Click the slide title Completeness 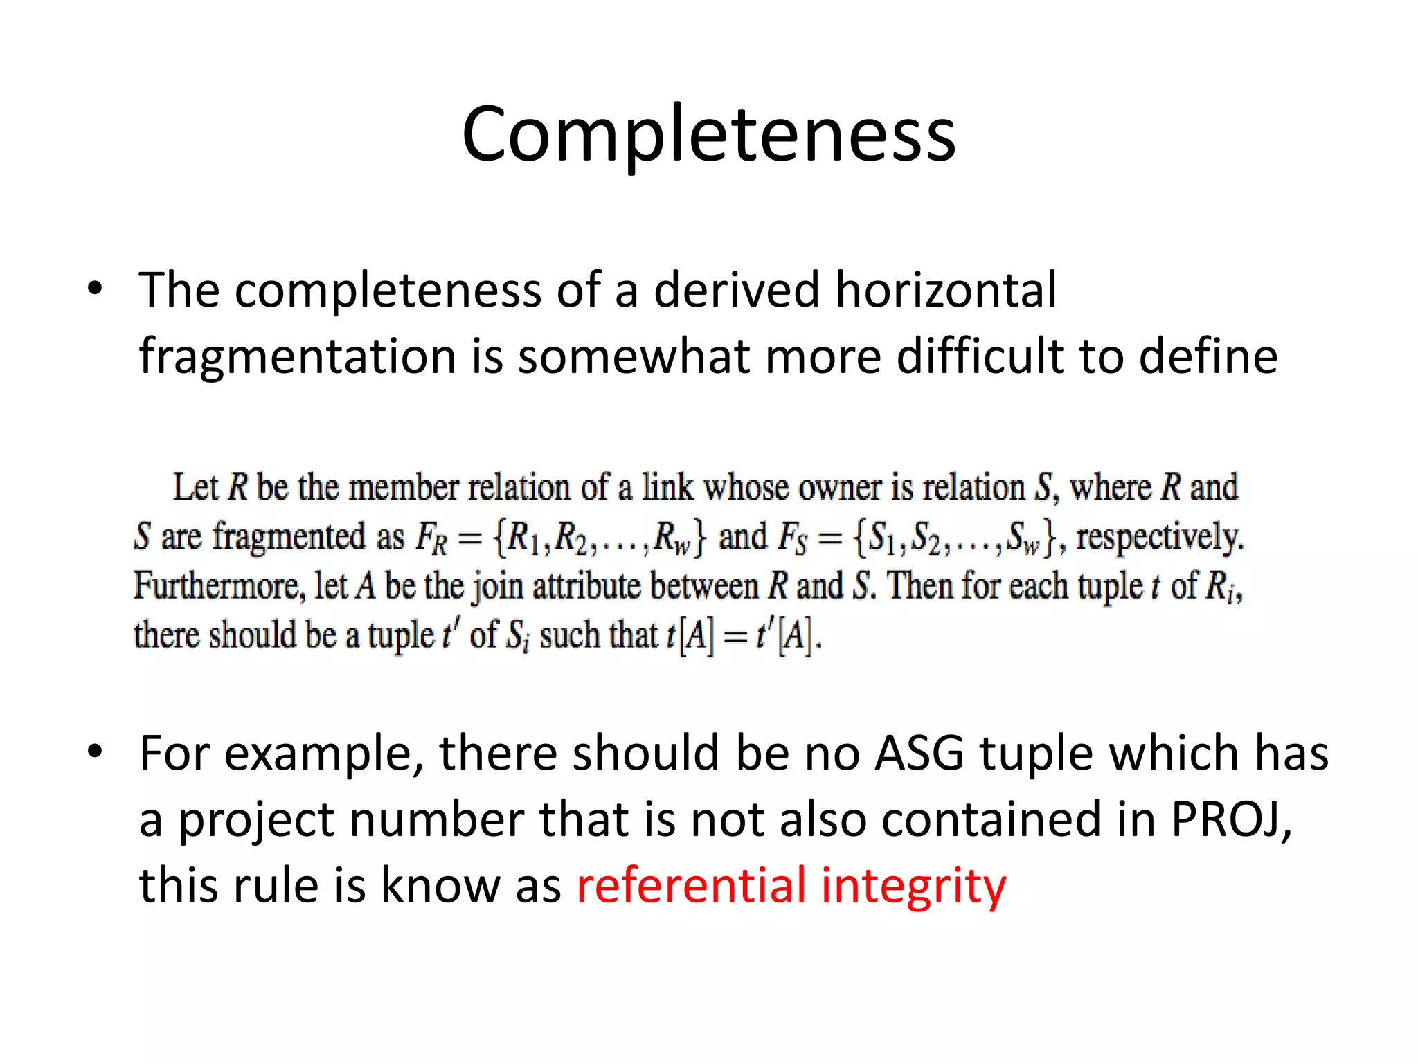coord(708,134)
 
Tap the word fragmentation coord(297,357)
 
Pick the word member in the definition coord(403,488)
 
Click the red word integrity coord(913,887)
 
